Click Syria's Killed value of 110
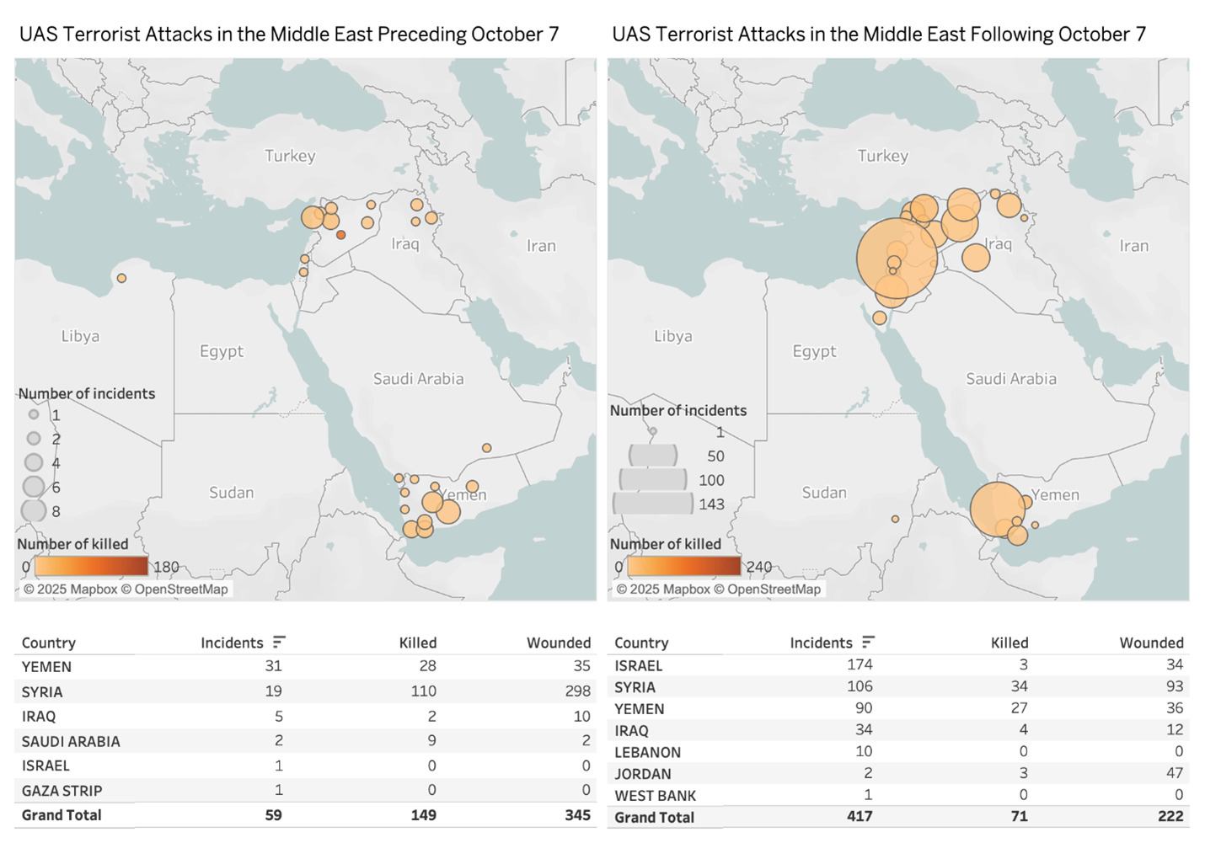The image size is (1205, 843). [423, 691]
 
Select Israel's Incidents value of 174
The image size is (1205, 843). [860, 665]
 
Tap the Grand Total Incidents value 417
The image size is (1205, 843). [860, 816]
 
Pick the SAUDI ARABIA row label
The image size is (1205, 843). [71, 741]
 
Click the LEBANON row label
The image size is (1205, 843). [647, 752]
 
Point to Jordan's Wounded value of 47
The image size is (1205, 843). [1174, 773]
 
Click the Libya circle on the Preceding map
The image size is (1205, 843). [122, 278]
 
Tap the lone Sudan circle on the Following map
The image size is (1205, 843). [895, 519]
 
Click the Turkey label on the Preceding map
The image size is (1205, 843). [290, 156]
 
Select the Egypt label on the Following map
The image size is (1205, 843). [814, 351]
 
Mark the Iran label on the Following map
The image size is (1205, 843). [1133, 246]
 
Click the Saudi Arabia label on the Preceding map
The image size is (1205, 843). [418, 379]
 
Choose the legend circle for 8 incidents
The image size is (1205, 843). [34, 510]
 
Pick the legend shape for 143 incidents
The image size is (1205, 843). [653, 504]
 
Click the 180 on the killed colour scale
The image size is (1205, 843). [166, 567]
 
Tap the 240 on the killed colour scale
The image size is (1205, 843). [758, 567]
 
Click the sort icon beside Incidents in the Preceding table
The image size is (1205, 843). [279, 643]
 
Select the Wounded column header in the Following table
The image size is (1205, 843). [1151, 643]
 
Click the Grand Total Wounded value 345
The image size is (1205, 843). [577, 815]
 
